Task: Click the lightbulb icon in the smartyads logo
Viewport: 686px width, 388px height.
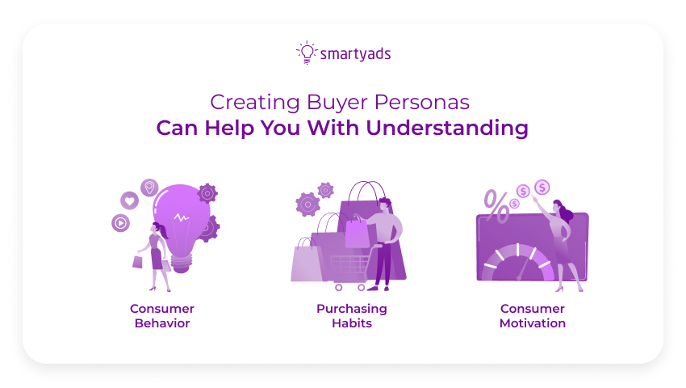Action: [306, 53]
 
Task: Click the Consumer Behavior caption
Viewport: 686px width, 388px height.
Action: [162, 315]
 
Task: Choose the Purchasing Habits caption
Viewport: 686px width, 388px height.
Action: [352, 315]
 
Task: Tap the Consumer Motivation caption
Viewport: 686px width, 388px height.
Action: [532, 315]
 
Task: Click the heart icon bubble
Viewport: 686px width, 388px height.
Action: [129, 200]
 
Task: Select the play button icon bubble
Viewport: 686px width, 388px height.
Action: [121, 222]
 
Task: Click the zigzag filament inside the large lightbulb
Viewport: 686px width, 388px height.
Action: [183, 217]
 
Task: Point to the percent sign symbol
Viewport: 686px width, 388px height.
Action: [497, 206]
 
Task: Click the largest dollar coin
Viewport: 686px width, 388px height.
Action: [542, 188]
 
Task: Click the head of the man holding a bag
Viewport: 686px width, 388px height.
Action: [384, 205]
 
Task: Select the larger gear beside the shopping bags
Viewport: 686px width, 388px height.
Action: [307, 204]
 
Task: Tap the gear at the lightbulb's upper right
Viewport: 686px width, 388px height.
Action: [207, 192]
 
